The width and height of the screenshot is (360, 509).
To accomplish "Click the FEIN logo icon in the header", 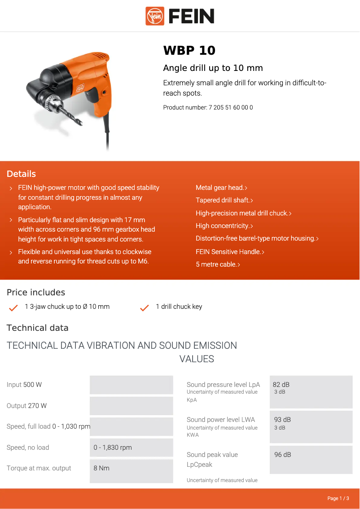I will click(x=155, y=16).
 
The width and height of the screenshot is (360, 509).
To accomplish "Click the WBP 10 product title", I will click(x=189, y=51).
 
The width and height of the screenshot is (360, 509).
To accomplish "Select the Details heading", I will click(x=21, y=174).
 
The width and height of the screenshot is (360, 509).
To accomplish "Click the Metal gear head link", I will click(x=221, y=188).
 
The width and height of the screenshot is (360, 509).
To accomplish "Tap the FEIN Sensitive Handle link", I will click(x=229, y=252).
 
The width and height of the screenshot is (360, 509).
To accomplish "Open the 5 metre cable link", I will click(x=217, y=264).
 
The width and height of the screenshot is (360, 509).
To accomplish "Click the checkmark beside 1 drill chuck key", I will click(x=145, y=308).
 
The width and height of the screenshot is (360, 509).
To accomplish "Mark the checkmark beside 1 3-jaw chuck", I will click(x=13, y=308).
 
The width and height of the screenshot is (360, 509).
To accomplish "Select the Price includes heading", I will click(x=36, y=293).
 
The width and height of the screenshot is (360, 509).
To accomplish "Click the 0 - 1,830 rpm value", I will click(x=113, y=448).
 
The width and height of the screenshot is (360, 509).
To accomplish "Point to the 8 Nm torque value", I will click(x=101, y=468).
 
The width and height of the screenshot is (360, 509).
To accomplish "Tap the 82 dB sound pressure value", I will click(x=281, y=385).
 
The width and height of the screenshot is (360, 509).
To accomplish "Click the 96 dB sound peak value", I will click(x=282, y=455).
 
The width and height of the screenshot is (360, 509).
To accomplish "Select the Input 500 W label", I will click(x=24, y=385).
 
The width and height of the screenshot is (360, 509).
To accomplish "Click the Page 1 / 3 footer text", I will click(x=338, y=498).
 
